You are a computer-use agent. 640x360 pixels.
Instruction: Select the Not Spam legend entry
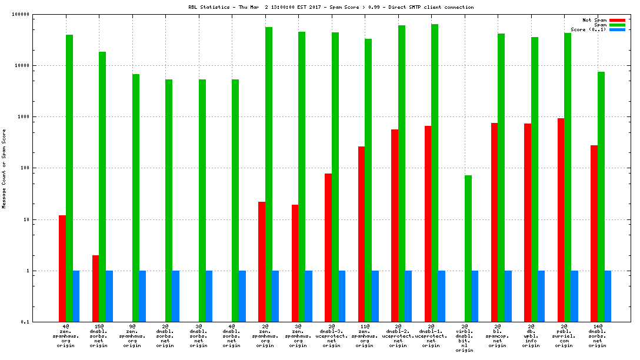594,20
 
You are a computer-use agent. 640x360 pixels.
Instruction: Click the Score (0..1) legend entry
588,29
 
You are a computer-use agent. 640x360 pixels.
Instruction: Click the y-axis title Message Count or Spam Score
4,168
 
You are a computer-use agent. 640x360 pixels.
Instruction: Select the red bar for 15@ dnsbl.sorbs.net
95,288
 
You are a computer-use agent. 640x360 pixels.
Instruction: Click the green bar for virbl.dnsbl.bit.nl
468,248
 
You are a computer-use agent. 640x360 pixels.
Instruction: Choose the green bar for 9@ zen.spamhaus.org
136,198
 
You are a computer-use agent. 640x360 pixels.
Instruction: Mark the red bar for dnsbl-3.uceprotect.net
328,248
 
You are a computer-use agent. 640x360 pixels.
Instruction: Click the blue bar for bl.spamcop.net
508,296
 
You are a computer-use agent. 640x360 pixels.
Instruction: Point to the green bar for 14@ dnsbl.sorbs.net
601,196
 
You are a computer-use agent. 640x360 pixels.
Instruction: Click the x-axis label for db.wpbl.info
531,335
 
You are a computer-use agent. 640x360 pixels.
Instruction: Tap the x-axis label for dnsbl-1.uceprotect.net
431,335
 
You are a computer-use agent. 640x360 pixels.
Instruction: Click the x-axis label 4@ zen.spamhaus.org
65,335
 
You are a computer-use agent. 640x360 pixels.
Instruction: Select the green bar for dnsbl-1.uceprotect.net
435,173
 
